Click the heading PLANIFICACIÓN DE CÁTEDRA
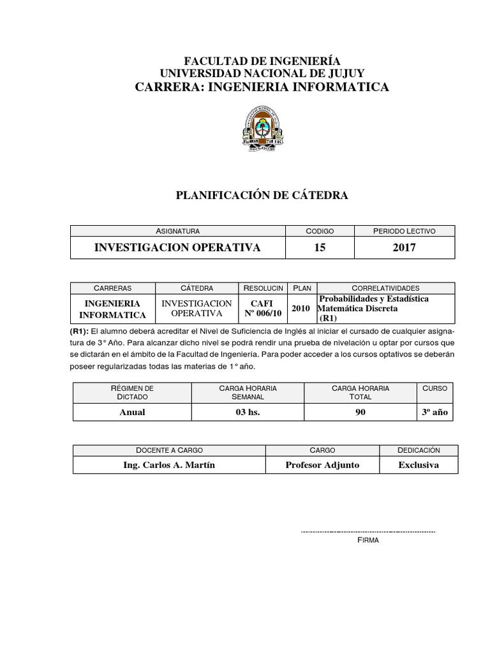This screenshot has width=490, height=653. (262, 196)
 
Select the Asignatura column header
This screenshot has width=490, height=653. (177, 231)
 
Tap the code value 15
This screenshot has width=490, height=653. (320, 247)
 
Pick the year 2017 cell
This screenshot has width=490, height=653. (404, 247)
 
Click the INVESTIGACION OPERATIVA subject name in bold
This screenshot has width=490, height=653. (177, 247)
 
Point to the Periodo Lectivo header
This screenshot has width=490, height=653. (404, 231)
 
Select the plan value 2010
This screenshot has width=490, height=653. (301, 309)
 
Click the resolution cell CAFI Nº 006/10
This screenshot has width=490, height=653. (264, 309)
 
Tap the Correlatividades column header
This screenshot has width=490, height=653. (385, 288)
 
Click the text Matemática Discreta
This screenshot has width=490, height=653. (359, 309)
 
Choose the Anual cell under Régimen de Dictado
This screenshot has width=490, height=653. (132, 412)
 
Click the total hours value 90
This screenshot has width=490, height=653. (360, 412)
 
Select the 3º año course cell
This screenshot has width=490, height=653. (435, 412)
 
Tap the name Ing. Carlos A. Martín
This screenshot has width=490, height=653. (169, 465)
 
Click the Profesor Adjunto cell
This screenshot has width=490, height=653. (322, 465)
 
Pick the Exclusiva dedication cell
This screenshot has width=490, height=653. (419, 465)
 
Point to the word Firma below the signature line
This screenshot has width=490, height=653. (368, 540)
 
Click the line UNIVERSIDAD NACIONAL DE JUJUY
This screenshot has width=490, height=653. (262, 73)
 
